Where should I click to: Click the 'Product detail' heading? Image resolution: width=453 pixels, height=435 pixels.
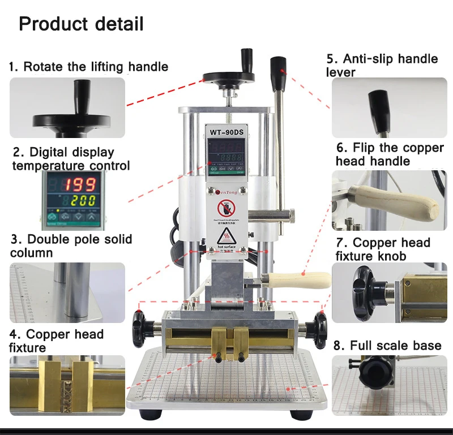(81, 24)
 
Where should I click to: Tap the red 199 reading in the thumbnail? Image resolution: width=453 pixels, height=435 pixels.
(82, 184)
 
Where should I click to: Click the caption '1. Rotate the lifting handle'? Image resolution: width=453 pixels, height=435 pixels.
(88, 67)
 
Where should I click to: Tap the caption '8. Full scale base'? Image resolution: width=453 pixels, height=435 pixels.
(386, 345)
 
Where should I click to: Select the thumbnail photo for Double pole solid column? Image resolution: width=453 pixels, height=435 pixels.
(67, 292)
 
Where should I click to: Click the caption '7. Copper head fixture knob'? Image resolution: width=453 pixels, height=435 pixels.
(383, 249)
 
